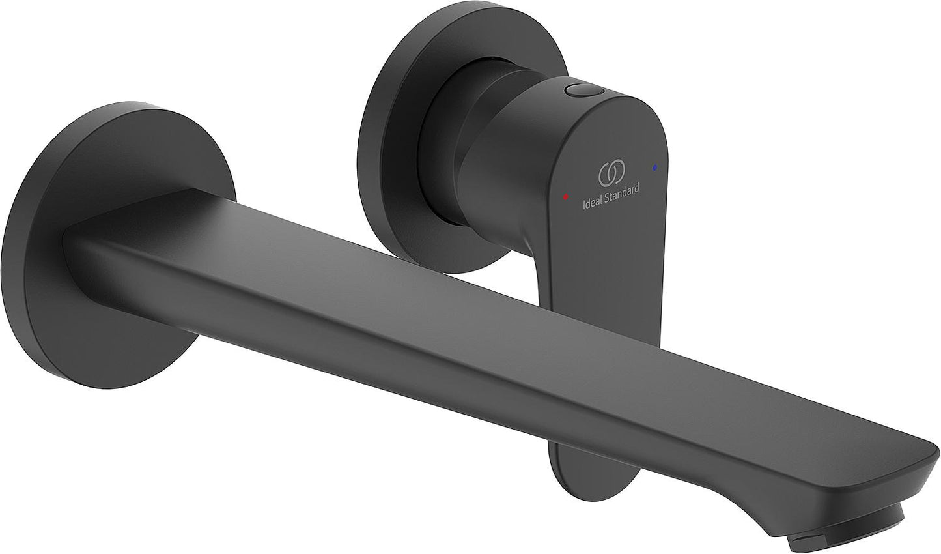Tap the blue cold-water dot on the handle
coord(654,168)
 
